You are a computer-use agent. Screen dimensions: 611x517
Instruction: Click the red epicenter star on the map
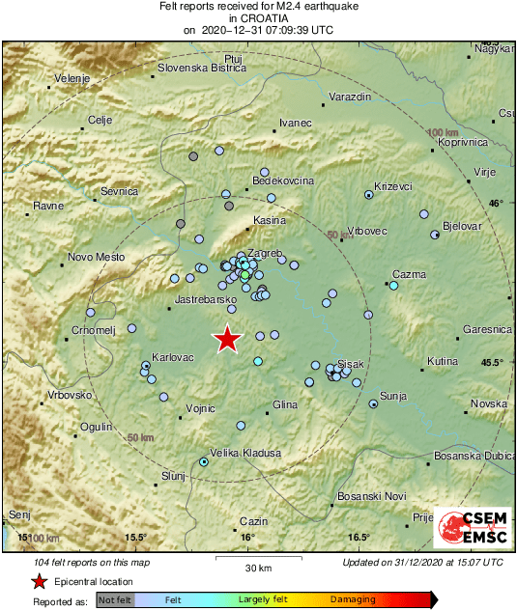227,339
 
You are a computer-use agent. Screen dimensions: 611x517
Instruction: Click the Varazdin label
350,97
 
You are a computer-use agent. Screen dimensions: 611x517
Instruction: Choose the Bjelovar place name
461,225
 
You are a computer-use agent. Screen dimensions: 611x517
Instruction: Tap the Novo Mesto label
97,257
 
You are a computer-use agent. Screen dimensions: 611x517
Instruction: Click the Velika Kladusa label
245,453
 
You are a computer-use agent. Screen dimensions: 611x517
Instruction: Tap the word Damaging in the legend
354,599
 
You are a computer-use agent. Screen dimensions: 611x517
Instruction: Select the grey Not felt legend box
115,599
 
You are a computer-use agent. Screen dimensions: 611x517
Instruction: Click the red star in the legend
38,582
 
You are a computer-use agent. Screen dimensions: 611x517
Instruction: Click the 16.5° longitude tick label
359,538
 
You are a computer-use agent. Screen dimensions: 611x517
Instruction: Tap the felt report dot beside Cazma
393,286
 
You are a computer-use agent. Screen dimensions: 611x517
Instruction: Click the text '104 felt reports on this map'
92,562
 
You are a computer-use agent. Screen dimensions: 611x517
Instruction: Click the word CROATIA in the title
257,17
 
